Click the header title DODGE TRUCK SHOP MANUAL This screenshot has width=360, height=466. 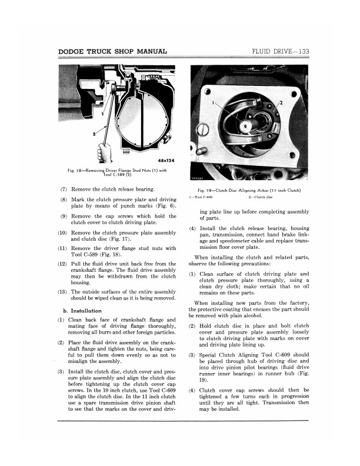113,52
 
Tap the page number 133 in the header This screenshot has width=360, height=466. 304,52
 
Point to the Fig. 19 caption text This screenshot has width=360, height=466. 249,190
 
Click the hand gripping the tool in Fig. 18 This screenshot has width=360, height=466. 105,154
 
